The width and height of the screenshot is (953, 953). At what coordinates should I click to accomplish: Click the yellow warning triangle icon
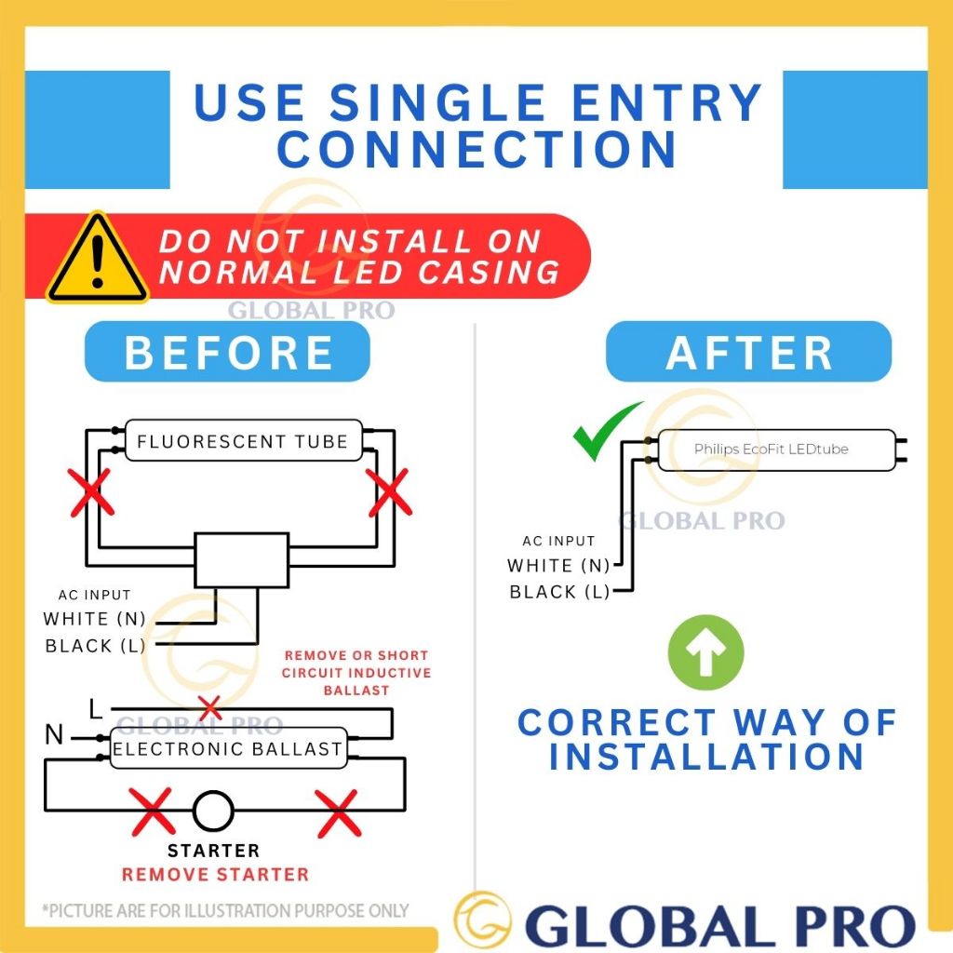tap(97, 260)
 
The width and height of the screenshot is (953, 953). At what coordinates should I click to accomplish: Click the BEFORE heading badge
tap(227, 353)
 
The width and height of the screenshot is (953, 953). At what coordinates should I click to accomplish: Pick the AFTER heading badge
tap(748, 353)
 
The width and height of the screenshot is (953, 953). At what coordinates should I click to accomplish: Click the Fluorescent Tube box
tap(242, 441)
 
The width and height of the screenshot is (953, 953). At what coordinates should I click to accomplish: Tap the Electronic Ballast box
tap(228, 747)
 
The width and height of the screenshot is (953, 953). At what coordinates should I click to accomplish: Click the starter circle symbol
tap(213, 811)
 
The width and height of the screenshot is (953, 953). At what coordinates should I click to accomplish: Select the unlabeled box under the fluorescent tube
tap(241, 559)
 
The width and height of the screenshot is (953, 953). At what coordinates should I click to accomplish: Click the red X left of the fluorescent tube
tap(92, 492)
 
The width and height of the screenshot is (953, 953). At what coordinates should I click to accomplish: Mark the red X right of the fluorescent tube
tap(389, 492)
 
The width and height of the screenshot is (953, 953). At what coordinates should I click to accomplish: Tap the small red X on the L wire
tap(210, 707)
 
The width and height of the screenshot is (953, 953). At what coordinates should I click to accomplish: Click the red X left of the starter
tap(153, 811)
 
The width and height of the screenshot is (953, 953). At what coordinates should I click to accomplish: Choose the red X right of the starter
tap(338, 812)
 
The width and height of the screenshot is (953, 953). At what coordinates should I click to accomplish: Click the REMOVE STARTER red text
tap(215, 874)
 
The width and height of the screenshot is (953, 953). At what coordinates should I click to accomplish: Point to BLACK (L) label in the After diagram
tap(558, 592)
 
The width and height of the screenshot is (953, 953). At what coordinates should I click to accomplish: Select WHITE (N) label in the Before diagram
tap(94, 619)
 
